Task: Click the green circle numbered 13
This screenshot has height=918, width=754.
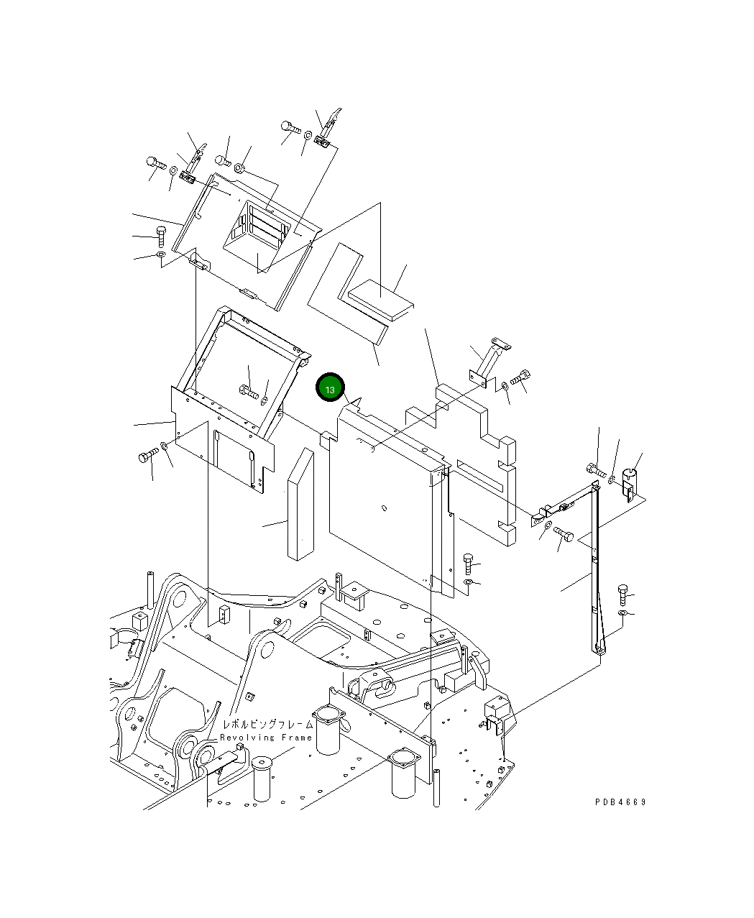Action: [x=330, y=389]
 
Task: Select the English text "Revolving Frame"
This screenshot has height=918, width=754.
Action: [x=266, y=738]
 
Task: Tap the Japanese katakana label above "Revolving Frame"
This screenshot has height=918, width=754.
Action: [x=267, y=725]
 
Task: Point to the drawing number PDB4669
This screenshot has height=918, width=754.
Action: [x=620, y=802]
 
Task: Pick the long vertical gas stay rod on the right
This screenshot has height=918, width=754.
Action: [x=595, y=568]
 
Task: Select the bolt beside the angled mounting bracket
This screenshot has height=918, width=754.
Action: [x=520, y=377]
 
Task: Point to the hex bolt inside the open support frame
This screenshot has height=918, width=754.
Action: [x=248, y=392]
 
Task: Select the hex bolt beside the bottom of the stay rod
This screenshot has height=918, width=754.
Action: [x=622, y=594]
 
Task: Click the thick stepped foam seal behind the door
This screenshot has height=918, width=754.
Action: [x=482, y=453]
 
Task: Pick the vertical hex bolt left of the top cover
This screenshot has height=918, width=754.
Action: [x=160, y=234]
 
